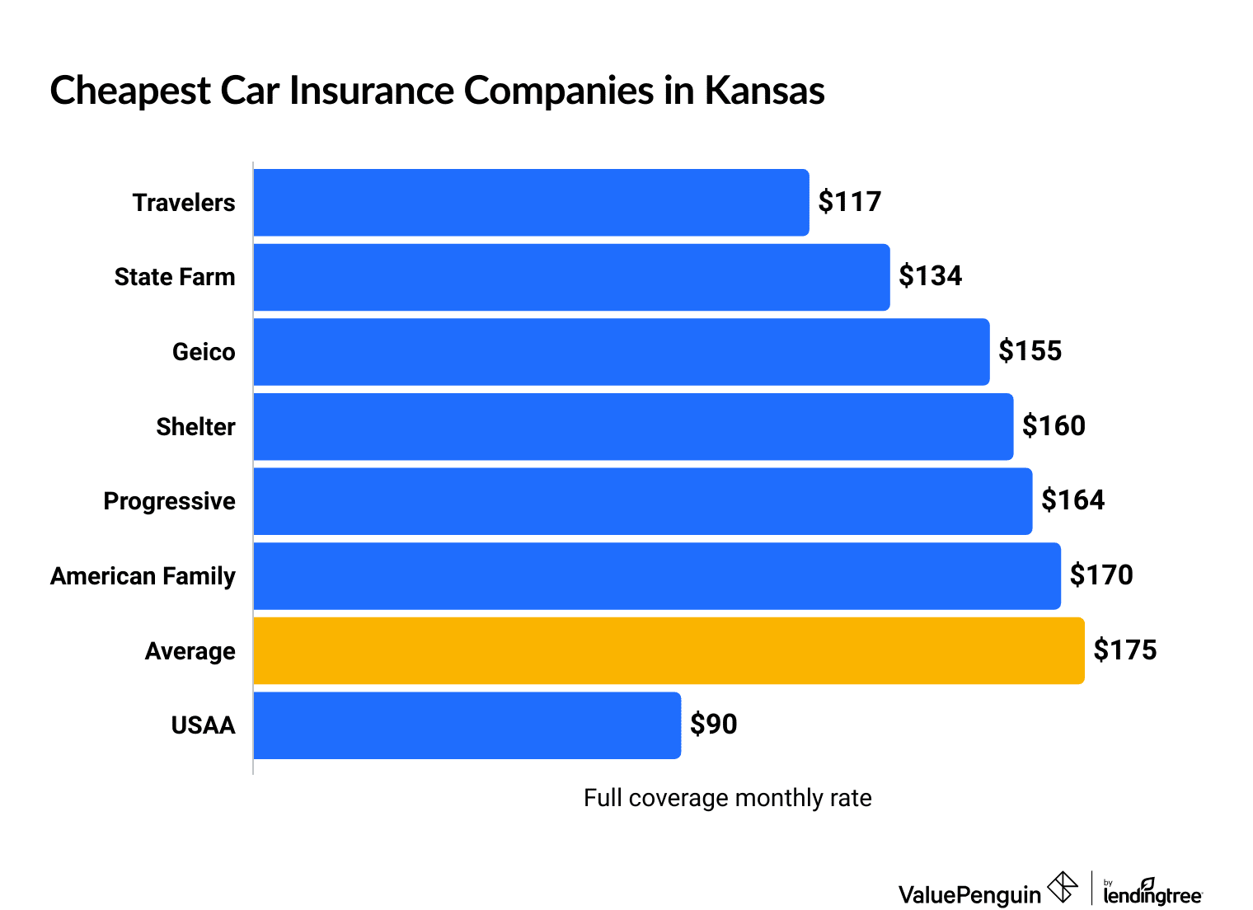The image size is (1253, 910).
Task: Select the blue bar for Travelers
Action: (x=531, y=203)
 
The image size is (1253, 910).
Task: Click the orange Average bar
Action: (x=669, y=650)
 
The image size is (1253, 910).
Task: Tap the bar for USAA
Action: (x=467, y=725)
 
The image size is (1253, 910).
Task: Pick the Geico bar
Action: (x=621, y=352)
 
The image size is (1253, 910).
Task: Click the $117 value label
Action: (x=849, y=202)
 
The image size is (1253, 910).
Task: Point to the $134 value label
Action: (x=930, y=276)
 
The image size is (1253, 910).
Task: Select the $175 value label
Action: (x=1124, y=650)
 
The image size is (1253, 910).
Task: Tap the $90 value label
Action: (x=713, y=725)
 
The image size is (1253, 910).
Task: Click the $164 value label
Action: (x=1072, y=500)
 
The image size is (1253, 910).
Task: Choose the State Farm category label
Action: (x=175, y=277)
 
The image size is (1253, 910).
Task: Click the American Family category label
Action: (x=143, y=576)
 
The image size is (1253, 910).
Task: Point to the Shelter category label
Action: (x=195, y=427)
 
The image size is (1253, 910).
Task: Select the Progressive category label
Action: (x=169, y=501)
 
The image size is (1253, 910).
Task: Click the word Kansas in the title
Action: (x=764, y=91)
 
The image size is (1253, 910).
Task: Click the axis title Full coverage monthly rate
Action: (x=727, y=798)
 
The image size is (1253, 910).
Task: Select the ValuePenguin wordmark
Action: (x=969, y=894)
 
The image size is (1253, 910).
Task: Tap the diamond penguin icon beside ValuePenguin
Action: (x=1063, y=888)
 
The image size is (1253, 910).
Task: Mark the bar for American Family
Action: (x=656, y=576)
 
